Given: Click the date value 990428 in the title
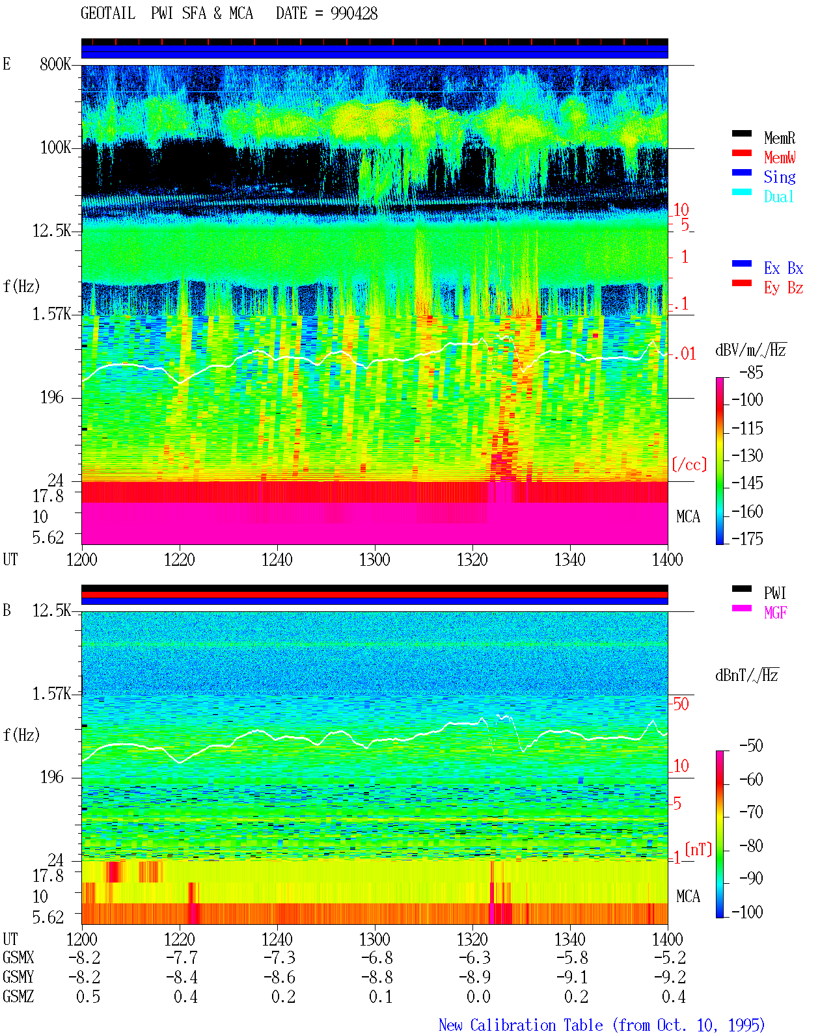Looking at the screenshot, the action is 353,14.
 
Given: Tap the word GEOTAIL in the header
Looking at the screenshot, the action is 108,14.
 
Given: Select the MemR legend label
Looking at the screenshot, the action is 779,138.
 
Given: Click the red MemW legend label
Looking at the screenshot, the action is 780,157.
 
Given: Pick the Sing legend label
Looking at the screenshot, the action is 779,177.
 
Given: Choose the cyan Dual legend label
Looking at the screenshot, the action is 778,196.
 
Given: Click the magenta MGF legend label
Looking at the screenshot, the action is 775,613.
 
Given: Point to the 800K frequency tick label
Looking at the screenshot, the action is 55,64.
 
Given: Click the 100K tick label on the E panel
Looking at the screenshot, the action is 55,148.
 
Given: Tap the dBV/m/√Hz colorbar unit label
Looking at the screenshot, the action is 750,350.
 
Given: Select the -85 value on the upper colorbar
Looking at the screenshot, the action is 750,373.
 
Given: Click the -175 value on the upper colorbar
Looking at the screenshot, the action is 747,538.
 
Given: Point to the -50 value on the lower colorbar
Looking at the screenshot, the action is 750,746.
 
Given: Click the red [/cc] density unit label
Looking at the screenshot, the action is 689,464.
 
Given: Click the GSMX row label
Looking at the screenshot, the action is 18,957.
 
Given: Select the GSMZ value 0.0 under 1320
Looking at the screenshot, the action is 478,996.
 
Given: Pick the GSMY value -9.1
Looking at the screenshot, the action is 572,977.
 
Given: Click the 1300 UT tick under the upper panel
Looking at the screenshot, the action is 374,560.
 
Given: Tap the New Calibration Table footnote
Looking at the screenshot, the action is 601,1025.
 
